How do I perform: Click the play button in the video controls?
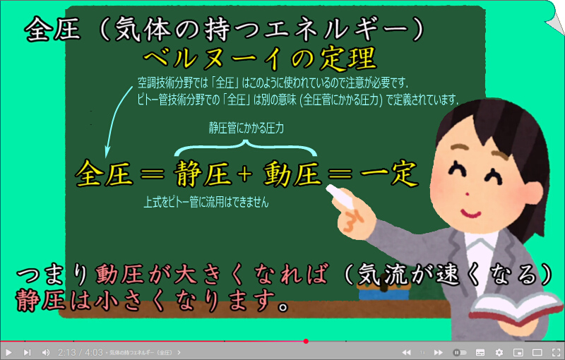coord(8,352)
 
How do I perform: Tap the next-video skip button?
coord(27,352)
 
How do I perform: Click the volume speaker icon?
coord(46,352)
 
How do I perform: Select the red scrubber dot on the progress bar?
coord(306,341)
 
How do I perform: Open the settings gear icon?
coord(499,352)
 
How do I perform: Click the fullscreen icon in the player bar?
coord(556,352)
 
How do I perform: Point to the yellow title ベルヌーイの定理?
coord(260,59)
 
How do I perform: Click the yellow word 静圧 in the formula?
coord(203,174)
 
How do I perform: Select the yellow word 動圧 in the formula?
coord(292,174)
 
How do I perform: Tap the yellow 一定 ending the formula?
coord(389,174)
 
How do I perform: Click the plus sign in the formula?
coord(244,174)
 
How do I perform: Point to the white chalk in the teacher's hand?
coord(340,196)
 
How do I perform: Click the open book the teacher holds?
coord(516,308)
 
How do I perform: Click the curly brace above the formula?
coord(246,148)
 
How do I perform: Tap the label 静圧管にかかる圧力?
coord(246,128)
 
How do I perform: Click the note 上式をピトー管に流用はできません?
coord(206,202)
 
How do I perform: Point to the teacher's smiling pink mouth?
coord(471,213)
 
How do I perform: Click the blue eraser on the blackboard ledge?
coord(383,294)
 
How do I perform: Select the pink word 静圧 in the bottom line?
coord(40,300)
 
